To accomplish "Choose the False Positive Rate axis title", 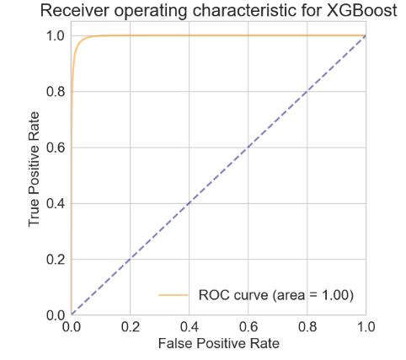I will (217, 345).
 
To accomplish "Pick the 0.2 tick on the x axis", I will (130, 326).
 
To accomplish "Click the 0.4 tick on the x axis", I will (189, 326).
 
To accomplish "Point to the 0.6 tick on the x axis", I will (248, 326).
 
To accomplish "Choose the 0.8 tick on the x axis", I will (307, 326).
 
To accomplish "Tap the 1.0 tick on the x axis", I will (364, 326).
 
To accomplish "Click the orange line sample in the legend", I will (173, 295).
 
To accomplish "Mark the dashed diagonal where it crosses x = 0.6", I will (248, 147).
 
